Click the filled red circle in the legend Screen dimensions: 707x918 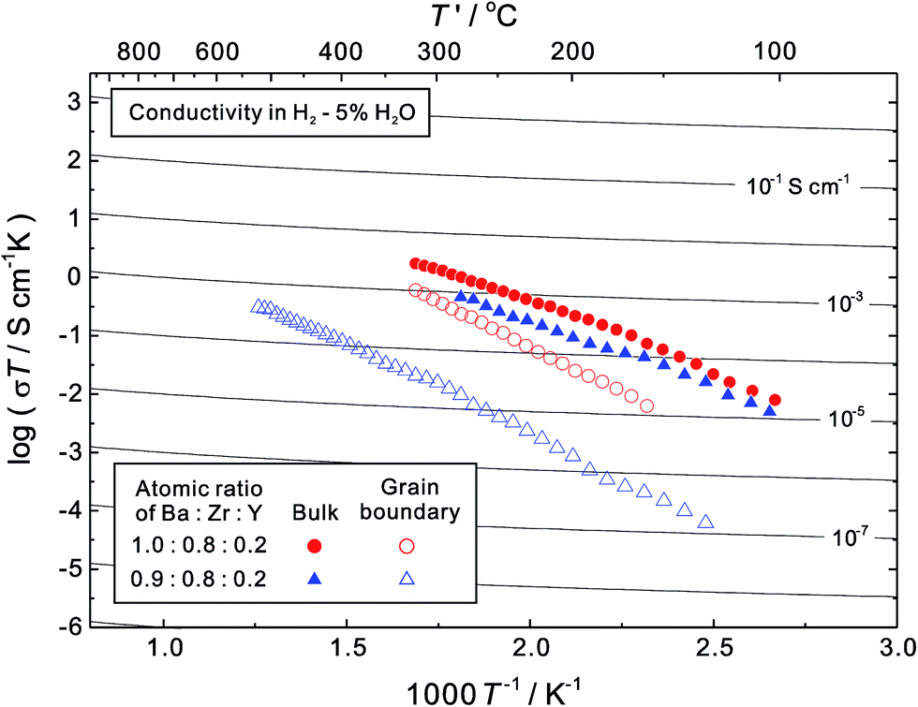pos(316,545)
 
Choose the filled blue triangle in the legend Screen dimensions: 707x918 pos(316,579)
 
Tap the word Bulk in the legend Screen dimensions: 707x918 pos(317,513)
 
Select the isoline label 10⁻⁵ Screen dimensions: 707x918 pos(851,420)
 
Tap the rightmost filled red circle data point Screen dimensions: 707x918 pos(775,400)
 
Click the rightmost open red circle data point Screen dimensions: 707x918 pos(647,405)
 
